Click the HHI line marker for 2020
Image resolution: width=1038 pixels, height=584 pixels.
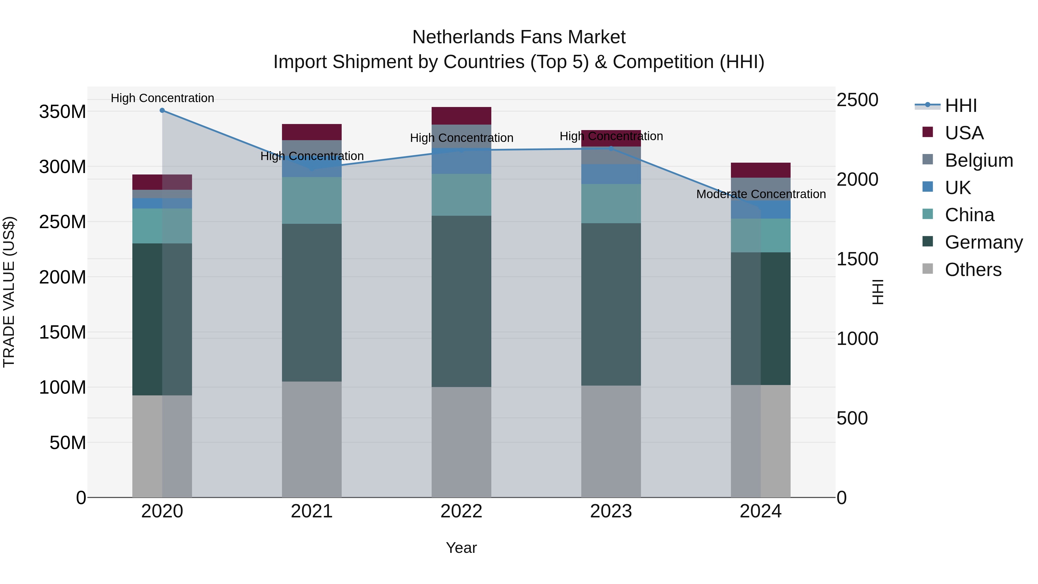pos(162,110)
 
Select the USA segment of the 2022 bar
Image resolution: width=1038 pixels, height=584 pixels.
pos(461,116)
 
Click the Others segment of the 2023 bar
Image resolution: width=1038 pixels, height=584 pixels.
pos(611,441)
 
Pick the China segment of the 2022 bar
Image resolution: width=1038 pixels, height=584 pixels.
pos(461,195)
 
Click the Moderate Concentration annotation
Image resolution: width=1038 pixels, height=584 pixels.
pos(761,194)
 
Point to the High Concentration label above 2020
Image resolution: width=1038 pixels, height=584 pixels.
pos(162,98)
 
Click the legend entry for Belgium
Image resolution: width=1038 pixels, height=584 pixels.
pos(979,160)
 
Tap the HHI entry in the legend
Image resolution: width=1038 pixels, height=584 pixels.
pos(961,106)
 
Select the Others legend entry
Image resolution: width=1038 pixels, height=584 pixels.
pos(973,270)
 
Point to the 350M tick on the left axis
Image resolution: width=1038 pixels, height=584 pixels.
pos(63,112)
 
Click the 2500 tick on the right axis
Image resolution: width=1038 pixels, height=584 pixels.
pos(857,100)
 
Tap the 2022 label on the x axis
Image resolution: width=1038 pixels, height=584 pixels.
pos(461,511)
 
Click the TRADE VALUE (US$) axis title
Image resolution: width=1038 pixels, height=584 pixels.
pos(9,292)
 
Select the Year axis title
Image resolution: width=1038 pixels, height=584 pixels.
pos(461,548)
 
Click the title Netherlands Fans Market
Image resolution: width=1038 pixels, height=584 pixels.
pos(519,37)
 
